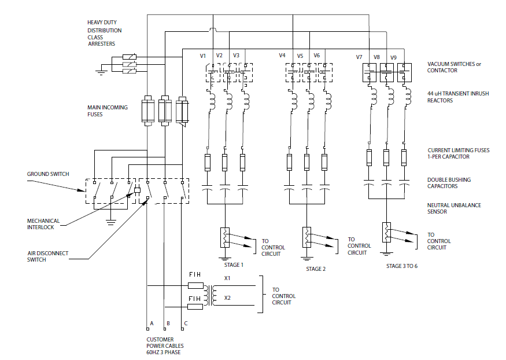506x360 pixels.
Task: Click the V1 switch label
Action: pos(203,56)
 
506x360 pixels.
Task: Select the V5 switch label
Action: pos(300,56)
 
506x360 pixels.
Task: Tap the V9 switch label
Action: pos(394,57)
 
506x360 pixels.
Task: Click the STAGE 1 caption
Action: pos(234,265)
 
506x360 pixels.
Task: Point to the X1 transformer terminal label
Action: pos(228,278)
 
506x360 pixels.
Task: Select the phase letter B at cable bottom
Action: pos(168,323)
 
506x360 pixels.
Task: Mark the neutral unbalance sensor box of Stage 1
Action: pos(224,236)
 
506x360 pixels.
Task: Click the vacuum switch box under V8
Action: pos(386,72)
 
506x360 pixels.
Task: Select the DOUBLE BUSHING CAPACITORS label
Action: pos(449,183)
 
